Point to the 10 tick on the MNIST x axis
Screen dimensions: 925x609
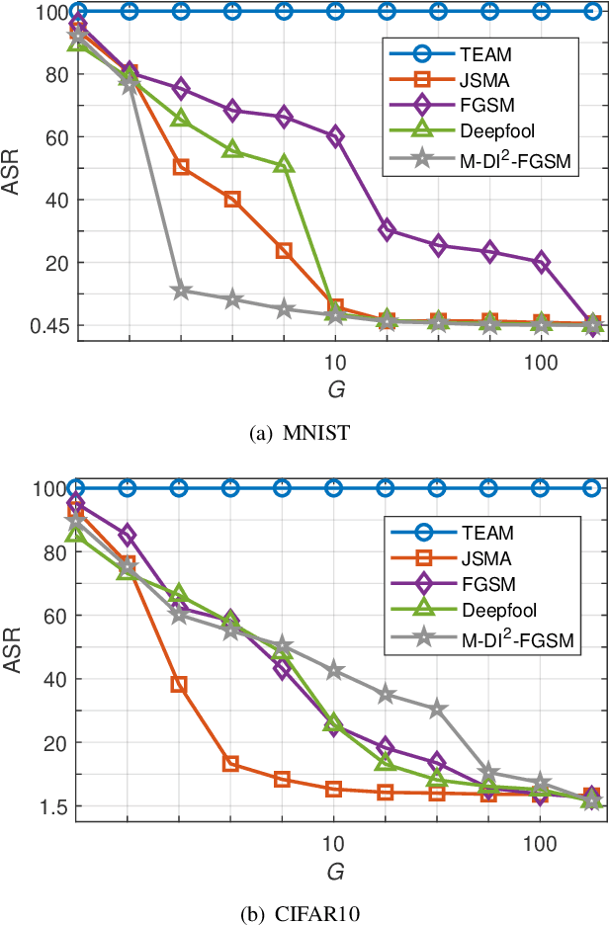point(334,362)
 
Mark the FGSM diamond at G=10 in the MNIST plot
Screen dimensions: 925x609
point(335,137)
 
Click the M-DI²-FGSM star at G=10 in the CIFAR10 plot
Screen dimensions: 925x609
point(335,671)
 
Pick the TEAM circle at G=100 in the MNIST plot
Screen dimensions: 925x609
point(542,12)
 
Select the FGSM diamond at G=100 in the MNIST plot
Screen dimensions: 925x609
point(542,262)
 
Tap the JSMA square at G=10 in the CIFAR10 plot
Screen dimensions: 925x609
point(335,789)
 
